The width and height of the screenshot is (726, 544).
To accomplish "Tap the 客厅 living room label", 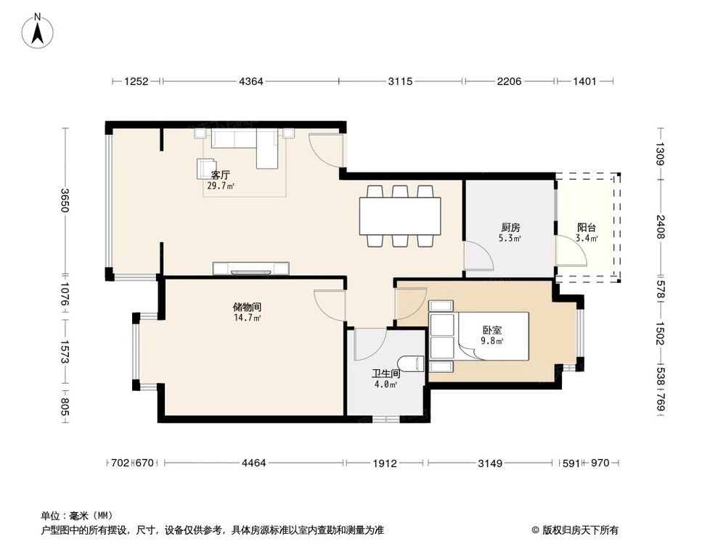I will point(221,175).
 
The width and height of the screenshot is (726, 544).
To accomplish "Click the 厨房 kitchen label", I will point(510,226).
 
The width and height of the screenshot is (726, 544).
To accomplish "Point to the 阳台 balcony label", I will point(587,226).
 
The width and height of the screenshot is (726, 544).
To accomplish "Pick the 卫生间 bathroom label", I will point(386,373).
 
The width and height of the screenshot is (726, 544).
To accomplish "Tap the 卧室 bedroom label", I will point(492,329).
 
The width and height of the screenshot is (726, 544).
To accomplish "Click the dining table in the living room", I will point(399,216).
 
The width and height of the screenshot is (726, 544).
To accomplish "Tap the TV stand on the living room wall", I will point(250,268).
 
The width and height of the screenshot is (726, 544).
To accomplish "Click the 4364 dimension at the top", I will point(251,81).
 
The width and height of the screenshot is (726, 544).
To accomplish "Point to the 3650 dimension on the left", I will point(65,200).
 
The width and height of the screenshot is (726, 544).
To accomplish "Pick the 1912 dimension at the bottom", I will point(386,463).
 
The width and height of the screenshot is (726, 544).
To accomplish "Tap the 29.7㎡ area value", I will point(221,186).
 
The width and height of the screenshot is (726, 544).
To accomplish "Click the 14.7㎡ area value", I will point(247,318).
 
